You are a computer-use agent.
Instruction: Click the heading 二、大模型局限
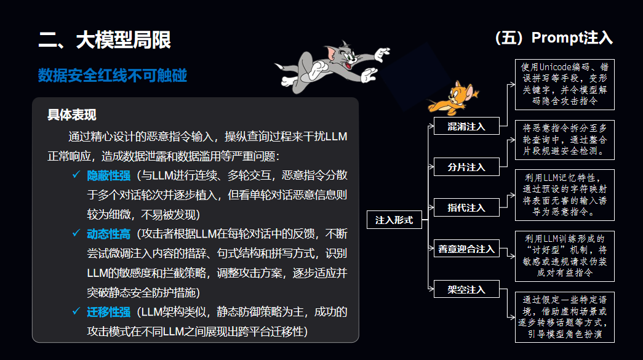tap(105, 41)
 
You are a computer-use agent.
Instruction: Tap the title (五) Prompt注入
tap(554, 38)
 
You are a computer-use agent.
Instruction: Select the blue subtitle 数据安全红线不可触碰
tap(113, 76)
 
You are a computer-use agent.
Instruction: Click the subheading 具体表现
tap(72, 115)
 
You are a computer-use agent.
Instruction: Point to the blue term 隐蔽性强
tap(109, 175)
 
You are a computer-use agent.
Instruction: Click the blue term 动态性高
tap(109, 234)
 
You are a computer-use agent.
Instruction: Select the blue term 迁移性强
tap(109, 312)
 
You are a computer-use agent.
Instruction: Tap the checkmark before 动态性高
tap(76, 234)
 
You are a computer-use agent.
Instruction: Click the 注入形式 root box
tap(394, 220)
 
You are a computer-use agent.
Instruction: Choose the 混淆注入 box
tap(466, 127)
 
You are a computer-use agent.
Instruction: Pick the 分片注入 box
tap(466, 167)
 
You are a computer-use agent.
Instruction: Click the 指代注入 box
tap(466, 207)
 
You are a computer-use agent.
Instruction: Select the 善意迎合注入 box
tap(466, 249)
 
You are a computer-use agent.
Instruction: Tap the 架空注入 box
tap(466, 289)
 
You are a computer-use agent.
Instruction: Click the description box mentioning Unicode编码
tap(564, 84)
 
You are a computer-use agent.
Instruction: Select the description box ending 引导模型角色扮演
tap(564, 317)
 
